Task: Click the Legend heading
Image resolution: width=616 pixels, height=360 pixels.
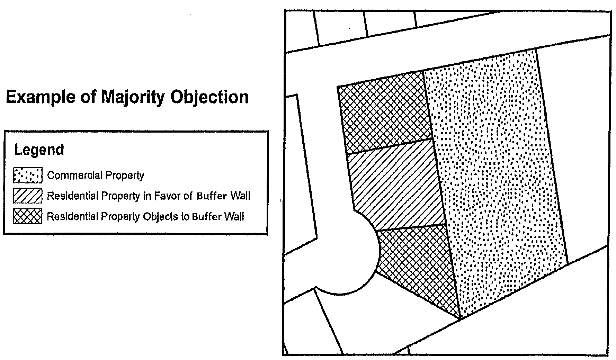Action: click(39, 150)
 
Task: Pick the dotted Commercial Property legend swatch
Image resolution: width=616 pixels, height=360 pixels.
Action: click(28, 175)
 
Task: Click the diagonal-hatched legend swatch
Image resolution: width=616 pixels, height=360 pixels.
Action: click(28, 196)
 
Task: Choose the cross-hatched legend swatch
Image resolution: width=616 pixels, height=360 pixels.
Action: click(28, 216)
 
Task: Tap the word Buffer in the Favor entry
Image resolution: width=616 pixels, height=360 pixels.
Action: click(212, 196)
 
